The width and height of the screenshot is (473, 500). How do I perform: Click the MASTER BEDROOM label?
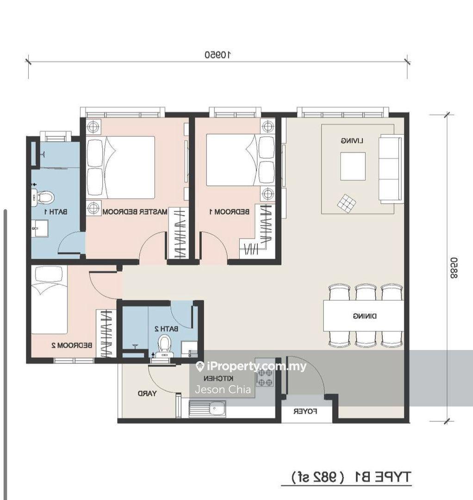(135, 212)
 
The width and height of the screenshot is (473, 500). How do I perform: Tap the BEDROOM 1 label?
(230, 212)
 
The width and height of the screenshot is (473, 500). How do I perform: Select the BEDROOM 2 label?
(72, 345)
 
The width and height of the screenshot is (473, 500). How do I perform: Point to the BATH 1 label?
(56, 212)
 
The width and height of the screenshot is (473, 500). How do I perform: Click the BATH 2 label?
(166, 328)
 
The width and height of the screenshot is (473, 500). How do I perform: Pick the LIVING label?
(352, 141)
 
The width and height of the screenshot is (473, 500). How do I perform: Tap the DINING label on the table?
(365, 316)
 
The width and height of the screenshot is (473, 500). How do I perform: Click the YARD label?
(147, 394)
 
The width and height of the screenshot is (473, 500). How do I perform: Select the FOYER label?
(305, 412)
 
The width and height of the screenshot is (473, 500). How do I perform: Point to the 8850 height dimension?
(454, 268)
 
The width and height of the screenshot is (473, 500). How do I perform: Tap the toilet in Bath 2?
(165, 346)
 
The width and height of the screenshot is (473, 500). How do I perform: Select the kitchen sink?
(207, 408)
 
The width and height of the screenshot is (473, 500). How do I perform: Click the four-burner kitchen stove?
(264, 374)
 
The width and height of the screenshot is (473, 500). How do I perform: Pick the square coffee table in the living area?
(353, 166)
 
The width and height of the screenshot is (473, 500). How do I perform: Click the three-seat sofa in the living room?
(391, 169)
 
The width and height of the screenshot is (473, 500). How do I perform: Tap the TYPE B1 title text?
(384, 477)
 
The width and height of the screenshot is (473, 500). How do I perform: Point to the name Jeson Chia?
(223, 389)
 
